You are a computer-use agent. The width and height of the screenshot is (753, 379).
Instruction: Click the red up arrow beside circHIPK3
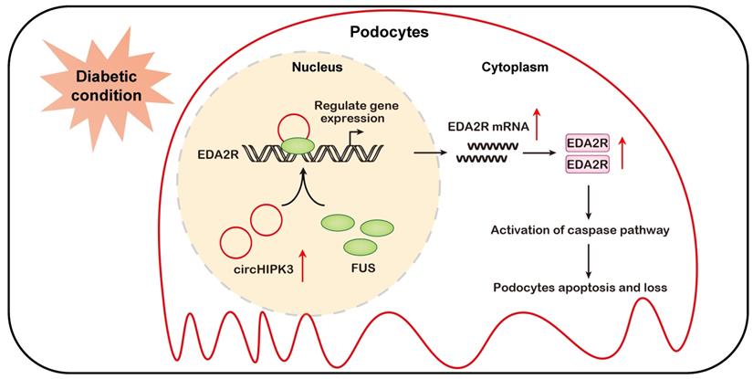click(304, 265)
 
